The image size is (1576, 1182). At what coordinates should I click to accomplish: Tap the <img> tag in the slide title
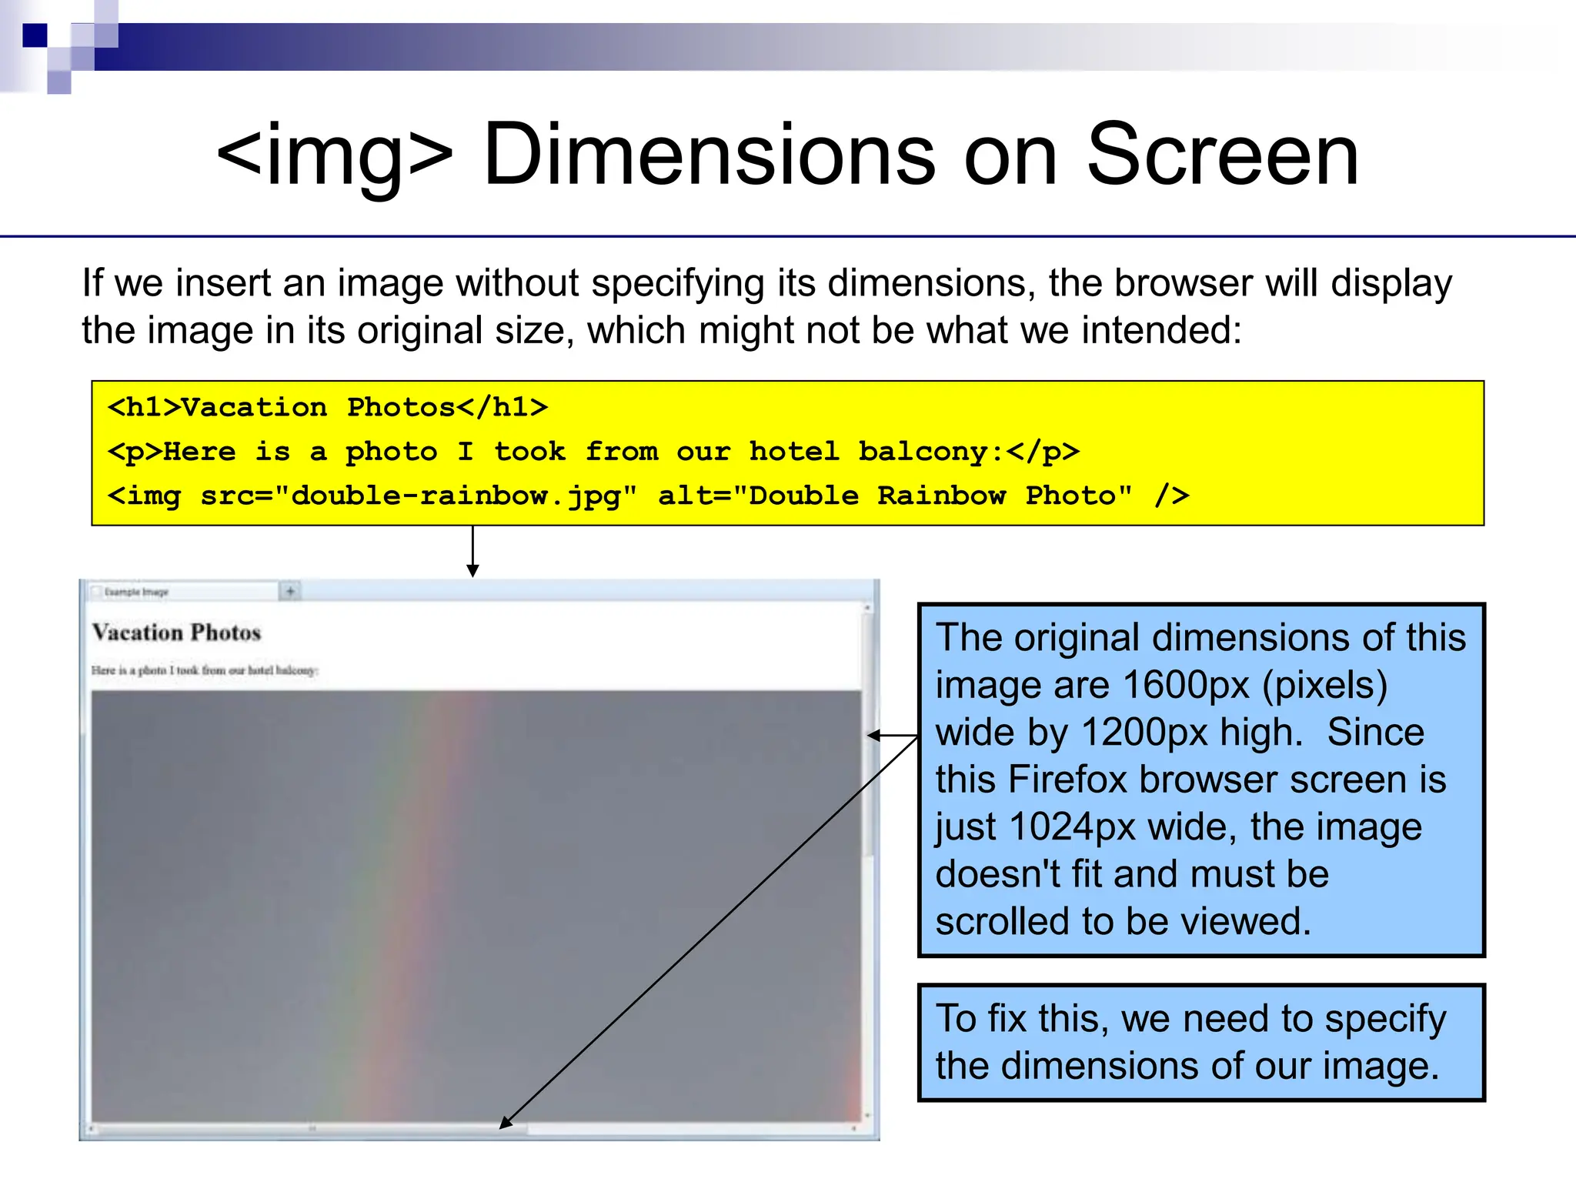pos(335,155)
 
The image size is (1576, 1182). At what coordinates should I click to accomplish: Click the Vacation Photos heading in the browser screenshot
pos(176,633)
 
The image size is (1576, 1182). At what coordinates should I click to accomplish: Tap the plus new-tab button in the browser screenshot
pos(290,591)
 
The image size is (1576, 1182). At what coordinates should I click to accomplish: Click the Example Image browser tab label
pos(136,592)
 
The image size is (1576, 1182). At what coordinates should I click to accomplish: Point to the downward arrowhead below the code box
pos(472,570)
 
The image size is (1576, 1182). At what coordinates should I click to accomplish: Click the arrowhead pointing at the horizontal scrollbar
pos(506,1123)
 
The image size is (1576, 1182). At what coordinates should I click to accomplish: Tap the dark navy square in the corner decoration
pos(35,35)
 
